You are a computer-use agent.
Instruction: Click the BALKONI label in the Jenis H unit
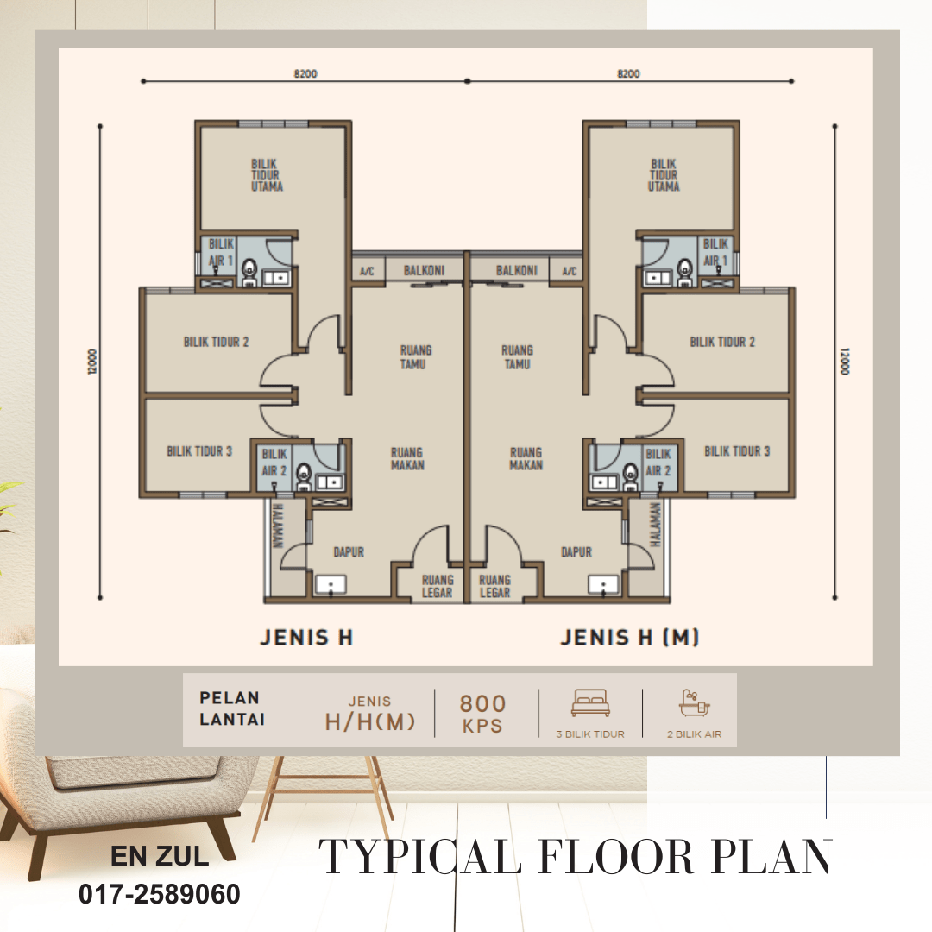424,270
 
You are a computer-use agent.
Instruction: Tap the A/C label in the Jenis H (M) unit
569,272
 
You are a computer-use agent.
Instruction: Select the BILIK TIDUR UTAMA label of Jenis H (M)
664,175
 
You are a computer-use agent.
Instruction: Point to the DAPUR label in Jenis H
349,552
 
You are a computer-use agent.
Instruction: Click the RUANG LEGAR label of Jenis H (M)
494,586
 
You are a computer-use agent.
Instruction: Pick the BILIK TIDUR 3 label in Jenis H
199,451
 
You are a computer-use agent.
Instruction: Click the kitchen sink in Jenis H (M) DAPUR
602,585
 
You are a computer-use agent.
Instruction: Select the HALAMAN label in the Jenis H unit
277,526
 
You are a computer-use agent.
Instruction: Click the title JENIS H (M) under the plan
629,638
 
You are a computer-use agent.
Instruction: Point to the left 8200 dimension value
305,73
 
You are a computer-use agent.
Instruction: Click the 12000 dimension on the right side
845,362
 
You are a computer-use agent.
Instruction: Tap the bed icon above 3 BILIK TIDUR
590,702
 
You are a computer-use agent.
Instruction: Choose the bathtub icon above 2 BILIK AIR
694,703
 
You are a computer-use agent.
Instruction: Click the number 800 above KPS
482,704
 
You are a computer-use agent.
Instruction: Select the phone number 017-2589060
160,894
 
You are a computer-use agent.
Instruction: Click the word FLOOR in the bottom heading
616,857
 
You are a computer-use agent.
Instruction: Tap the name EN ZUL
160,856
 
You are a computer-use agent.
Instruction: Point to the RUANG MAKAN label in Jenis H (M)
526,459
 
